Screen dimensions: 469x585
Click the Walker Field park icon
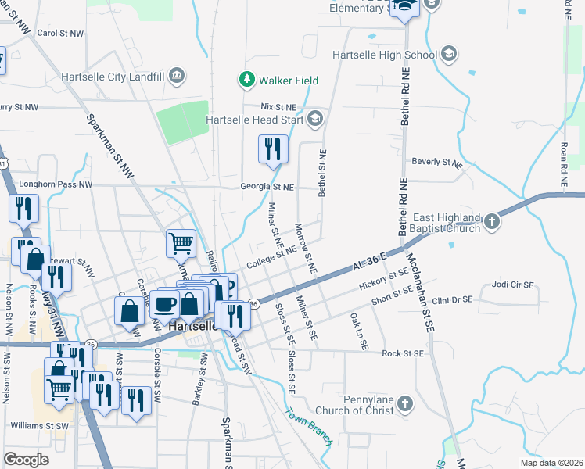coord(247,80)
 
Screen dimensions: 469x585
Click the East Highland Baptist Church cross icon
coord(491,221)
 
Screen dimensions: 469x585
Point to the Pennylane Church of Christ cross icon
coord(404,403)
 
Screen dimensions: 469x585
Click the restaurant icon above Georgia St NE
coord(273,149)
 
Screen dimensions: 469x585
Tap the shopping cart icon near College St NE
coord(181,243)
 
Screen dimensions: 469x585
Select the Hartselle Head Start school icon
coord(314,120)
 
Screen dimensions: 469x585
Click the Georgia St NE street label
coord(267,188)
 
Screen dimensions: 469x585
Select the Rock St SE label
coord(403,353)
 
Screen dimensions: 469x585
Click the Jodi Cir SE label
coord(511,285)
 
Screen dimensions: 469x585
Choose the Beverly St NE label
coord(437,163)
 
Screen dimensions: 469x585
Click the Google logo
coord(27,459)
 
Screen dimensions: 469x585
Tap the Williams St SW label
coord(40,426)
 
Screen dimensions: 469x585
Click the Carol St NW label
coord(60,34)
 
